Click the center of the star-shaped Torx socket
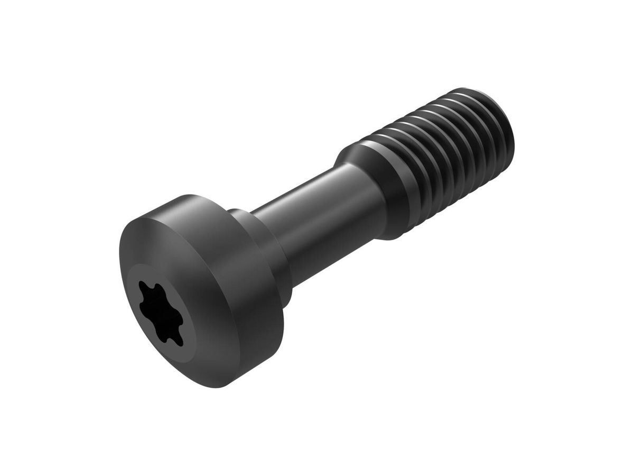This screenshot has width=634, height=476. click(x=161, y=313)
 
